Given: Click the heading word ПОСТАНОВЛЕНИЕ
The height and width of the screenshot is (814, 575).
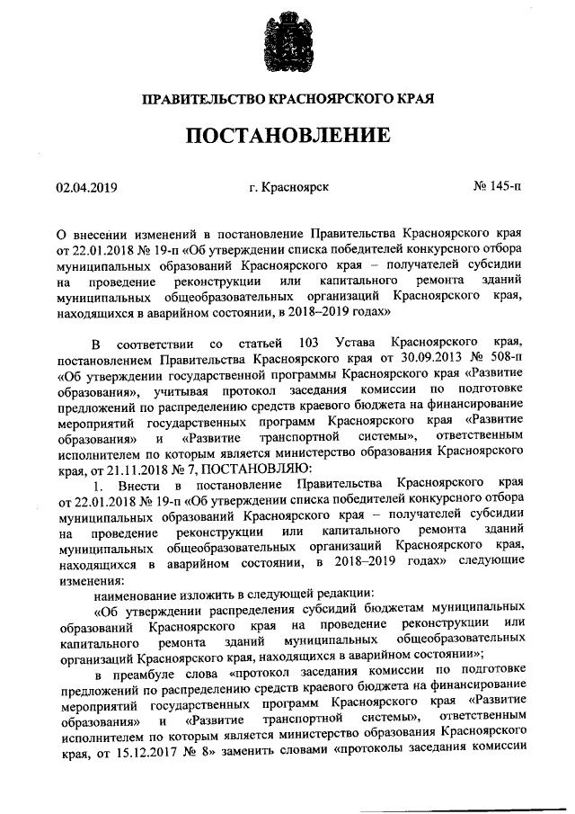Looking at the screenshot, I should coord(287,136).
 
